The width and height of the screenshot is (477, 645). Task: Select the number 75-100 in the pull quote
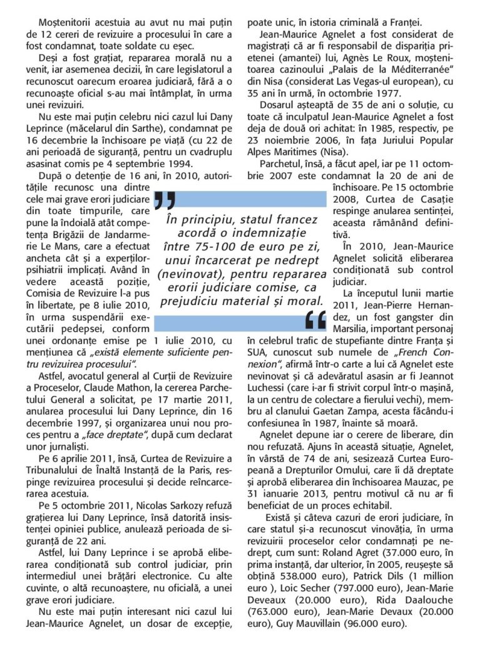tap(215, 246)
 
